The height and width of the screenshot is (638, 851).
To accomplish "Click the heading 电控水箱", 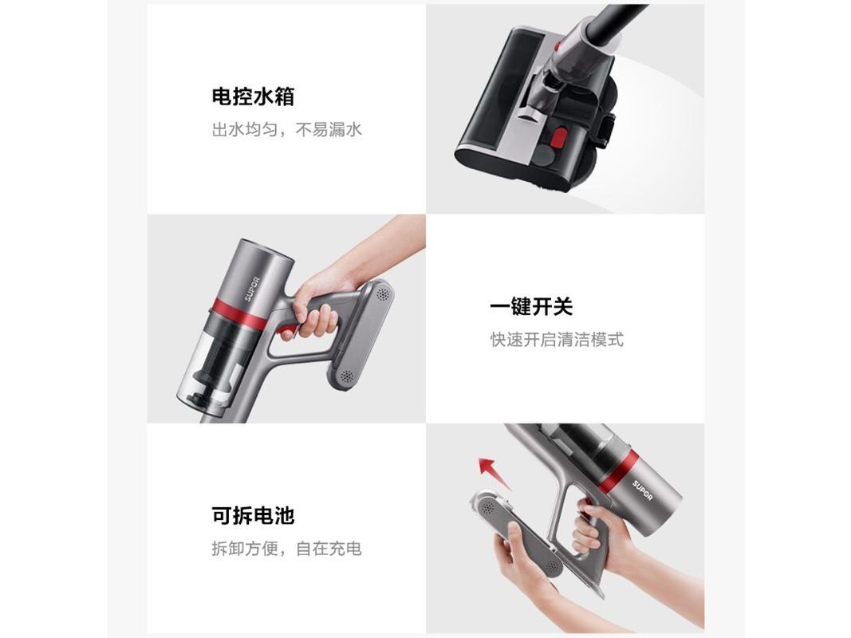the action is pyautogui.click(x=253, y=96).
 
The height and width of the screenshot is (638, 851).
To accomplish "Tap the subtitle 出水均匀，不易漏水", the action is pyautogui.click(x=286, y=130).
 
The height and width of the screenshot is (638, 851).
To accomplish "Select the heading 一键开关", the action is pyautogui.click(x=531, y=306).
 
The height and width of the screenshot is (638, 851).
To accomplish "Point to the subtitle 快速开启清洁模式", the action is pyautogui.click(x=557, y=341).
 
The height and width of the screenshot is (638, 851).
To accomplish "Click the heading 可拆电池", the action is pyautogui.click(x=253, y=515).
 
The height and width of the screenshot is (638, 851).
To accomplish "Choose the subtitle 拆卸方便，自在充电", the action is pyautogui.click(x=286, y=549).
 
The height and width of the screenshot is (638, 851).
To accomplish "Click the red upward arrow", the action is pyautogui.click(x=493, y=471).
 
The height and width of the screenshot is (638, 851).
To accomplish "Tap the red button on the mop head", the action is pyautogui.click(x=557, y=138).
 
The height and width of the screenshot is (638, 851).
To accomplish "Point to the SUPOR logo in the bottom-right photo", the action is pyautogui.click(x=642, y=490).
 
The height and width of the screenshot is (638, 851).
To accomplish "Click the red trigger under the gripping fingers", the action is pyautogui.click(x=289, y=331).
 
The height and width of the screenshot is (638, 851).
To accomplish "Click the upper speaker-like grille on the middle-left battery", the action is pyautogui.click(x=383, y=294).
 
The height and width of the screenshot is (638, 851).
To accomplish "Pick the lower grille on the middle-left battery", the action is pyautogui.click(x=346, y=376).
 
